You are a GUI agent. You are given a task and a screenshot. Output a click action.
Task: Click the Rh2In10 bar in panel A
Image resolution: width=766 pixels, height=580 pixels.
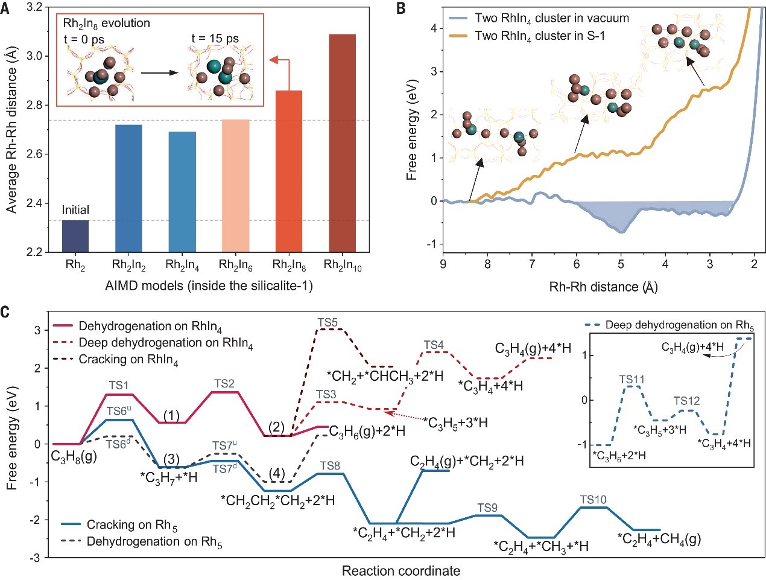pyautogui.click(x=342, y=142)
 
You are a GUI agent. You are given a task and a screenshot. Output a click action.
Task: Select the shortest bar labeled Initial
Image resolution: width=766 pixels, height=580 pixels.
pyautogui.click(x=75, y=236)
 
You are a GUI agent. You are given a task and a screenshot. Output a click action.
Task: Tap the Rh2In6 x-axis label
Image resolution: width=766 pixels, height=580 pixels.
pyautogui.click(x=235, y=265)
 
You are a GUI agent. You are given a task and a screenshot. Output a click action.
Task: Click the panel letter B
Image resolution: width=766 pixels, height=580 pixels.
pyautogui.click(x=400, y=8)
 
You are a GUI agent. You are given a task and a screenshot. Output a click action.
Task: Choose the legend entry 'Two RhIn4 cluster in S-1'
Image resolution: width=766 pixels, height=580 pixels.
pyautogui.click(x=539, y=36)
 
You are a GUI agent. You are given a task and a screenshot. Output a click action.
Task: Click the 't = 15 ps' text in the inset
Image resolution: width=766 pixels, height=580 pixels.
pyautogui.click(x=215, y=39)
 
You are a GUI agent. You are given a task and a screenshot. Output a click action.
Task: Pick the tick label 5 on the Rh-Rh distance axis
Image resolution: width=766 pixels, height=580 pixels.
pyautogui.click(x=621, y=264)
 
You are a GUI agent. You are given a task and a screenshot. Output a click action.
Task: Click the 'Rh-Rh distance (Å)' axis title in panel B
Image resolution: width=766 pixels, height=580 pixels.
pyautogui.click(x=603, y=287)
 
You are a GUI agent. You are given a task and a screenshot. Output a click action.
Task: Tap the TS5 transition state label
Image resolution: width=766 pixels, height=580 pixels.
pyautogui.click(x=328, y=323)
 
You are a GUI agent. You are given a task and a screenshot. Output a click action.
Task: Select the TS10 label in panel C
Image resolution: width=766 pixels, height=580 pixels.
pyautogui.click(x=593, y=500)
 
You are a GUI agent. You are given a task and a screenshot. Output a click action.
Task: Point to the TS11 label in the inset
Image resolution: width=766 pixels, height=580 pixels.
pyautogui.click(x=631, y=380)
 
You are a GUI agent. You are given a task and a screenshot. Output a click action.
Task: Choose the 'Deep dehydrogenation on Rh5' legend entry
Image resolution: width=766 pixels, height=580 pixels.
pyautogui.click(x=679, y=325)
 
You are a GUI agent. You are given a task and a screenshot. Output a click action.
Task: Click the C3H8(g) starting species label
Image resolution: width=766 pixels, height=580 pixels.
pyautogui.click(x=74, y=457)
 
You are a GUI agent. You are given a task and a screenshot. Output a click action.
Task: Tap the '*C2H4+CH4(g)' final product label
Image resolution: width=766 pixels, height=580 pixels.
pyautogui.click(x=658, y=538)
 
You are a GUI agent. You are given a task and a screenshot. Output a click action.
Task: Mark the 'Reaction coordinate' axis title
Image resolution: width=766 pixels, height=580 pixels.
pyautogui.click(x=400, y=571)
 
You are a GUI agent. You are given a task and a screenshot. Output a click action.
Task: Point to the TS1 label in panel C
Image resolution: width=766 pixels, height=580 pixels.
pyautogui.click(x=119, y=385)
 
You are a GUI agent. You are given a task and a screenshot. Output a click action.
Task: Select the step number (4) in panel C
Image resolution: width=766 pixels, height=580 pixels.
pyautogui.click(x=277, y=473)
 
